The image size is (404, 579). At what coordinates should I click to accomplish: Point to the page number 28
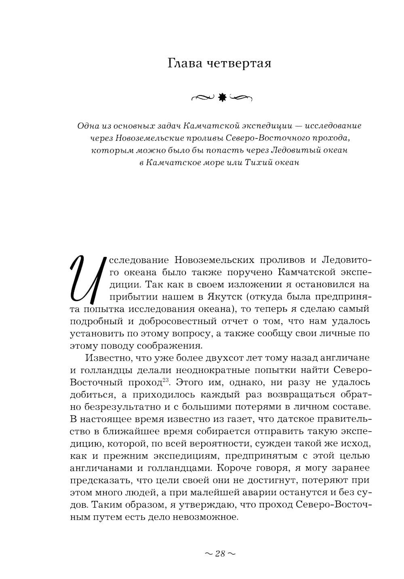(220, 553)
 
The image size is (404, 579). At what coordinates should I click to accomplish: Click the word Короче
(234, 468)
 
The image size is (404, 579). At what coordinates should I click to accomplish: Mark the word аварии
(272, 493)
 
